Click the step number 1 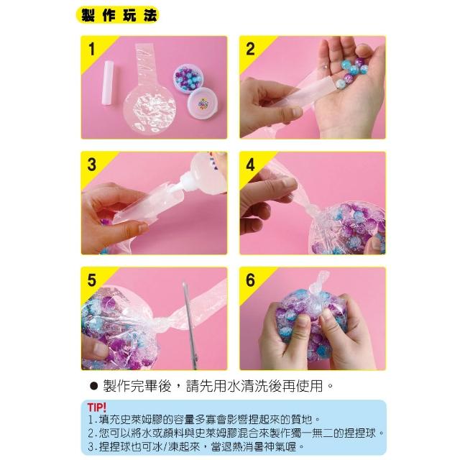[92, 49]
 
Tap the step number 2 [250, 49]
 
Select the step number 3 [92, 165]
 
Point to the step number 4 [250, 165]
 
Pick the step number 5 [92, 280]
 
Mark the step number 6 [250, 280]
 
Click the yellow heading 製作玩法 [118, 15]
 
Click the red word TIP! [97, 408]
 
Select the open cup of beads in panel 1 [188, 76]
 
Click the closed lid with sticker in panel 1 [203, 103]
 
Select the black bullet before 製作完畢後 [93, 386]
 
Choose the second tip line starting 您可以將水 [236, 433]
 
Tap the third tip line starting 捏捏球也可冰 [196, 447]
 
